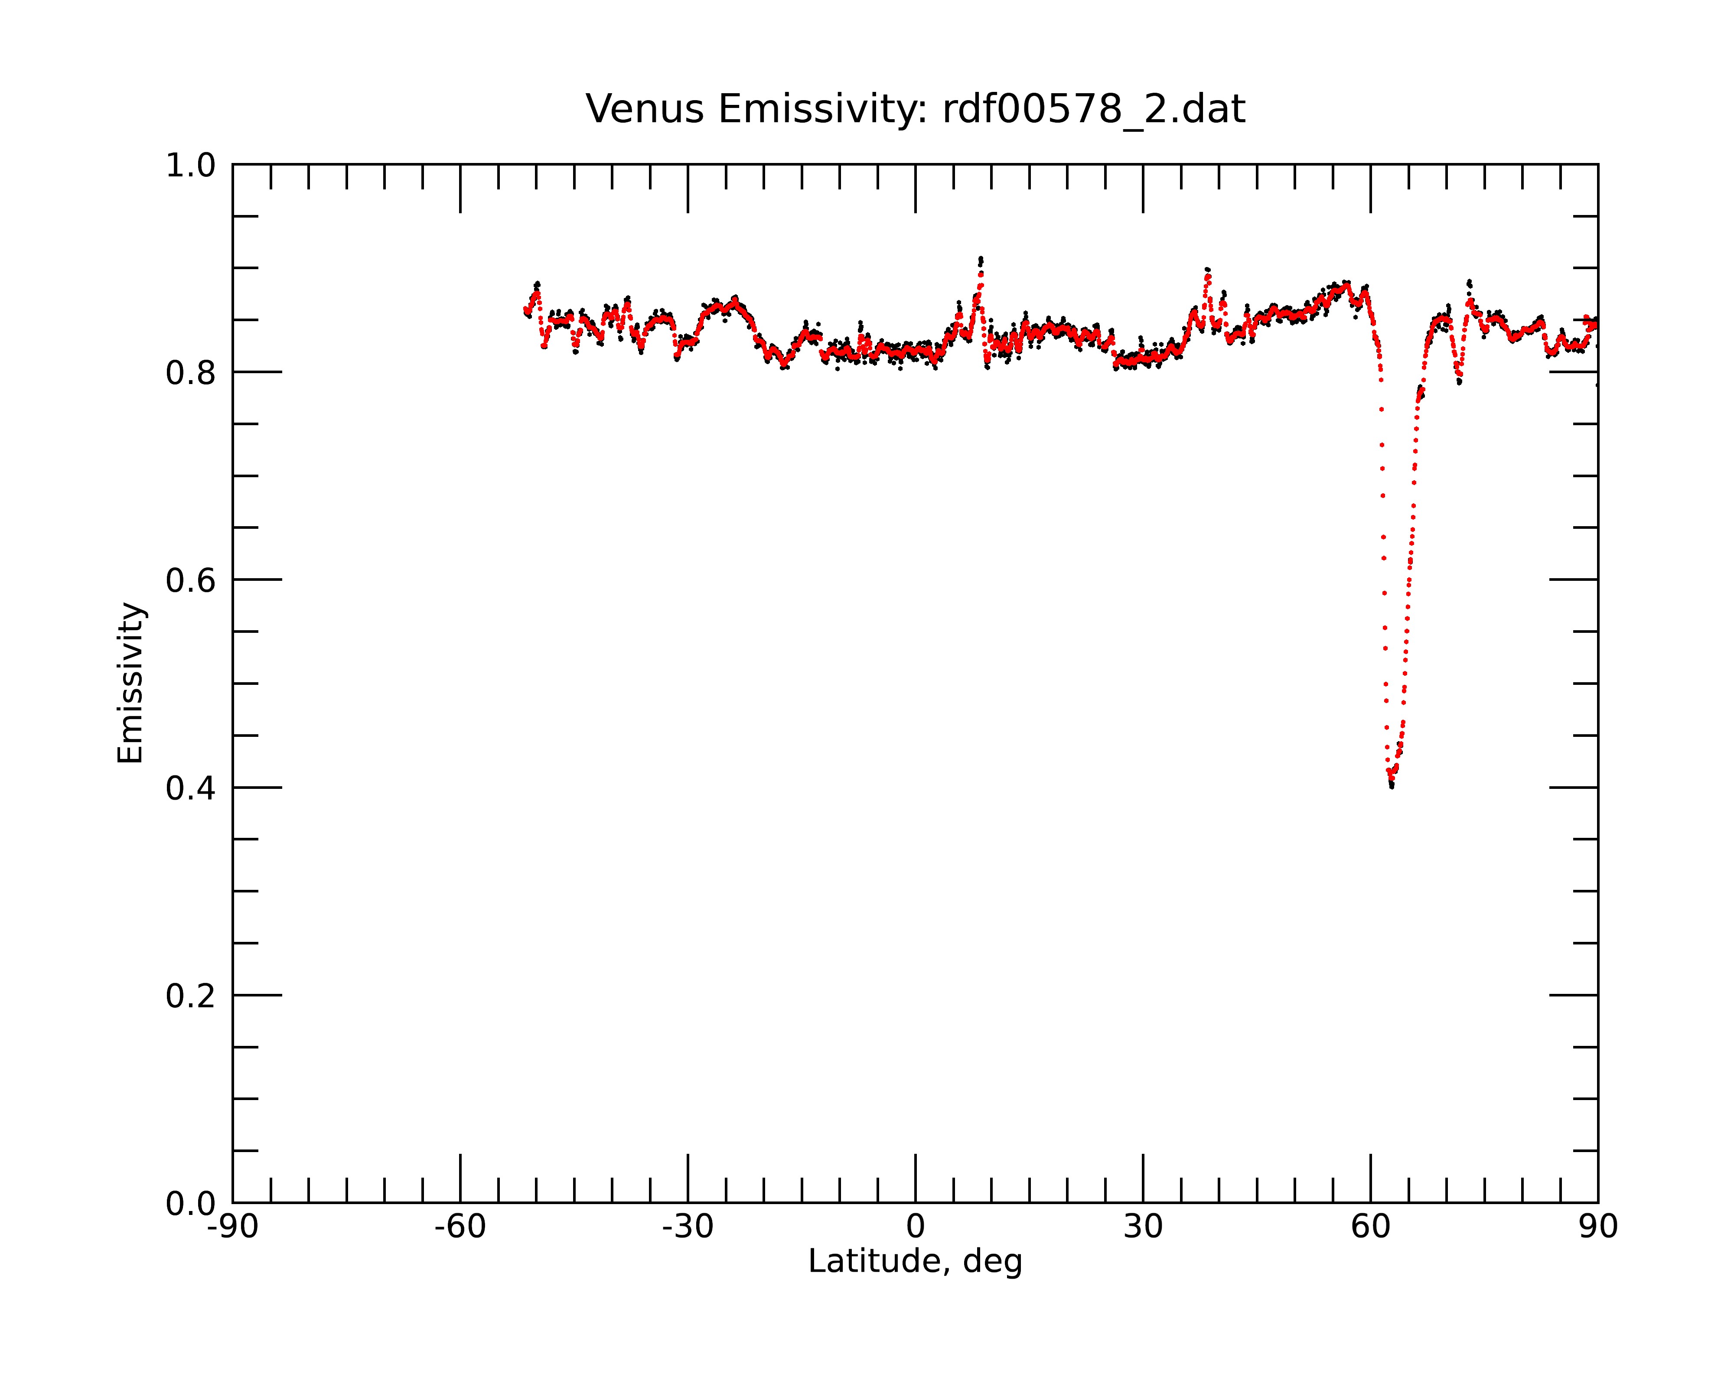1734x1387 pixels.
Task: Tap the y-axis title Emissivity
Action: pyautogui.click(x=130, y=683)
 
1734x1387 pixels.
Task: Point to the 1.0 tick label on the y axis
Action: pyautogui.click(x=191, y=166)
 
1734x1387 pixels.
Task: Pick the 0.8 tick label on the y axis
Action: pyautogui.click(x=191, y=373)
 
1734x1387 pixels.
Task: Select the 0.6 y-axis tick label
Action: pyautogui.click(x=191, y=580)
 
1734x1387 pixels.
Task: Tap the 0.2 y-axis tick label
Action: pyautogui.click(x=191, y=996)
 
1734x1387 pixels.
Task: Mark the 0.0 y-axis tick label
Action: pyautogui.click(x=191, y=1204)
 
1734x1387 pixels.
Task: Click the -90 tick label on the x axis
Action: pyautogui.click(x=232, y=1227)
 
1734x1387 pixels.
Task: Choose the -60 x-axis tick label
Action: pyautogui.click(x=460, y=1227)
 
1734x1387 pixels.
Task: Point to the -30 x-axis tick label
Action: pyautogui.click(x=688, y=1227)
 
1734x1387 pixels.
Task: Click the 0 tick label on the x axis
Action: pyautogui.click(x=915, y=1227)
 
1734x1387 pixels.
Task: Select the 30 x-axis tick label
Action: pyautogui.click(x=1143, y=1227)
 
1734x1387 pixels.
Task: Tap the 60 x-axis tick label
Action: pyautogui.click(x=1370, y=1227)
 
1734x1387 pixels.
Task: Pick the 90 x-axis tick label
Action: pyautogui.click(x=1598, y=1227)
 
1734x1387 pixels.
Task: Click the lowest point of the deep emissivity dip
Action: pyautogui.click(x=1392, y=786)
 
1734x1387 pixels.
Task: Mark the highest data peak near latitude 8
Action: pyautogui.click(x=981, y=259)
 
